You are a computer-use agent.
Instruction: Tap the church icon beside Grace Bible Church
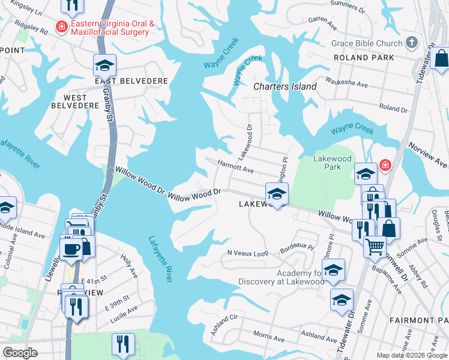pos(411,43)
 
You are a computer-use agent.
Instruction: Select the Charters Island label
pos(285,86)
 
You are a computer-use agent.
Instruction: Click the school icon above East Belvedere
pos(104,64)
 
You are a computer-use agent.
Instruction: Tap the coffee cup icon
pos(71,248)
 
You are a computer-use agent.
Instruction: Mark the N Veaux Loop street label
pos(247,253)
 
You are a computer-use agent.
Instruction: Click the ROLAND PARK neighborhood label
pos(365,58)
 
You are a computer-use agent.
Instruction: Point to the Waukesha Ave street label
pos(346,82)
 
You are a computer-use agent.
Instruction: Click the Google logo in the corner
pos(20,353)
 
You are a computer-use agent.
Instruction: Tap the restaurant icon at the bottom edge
pos(122,345)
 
